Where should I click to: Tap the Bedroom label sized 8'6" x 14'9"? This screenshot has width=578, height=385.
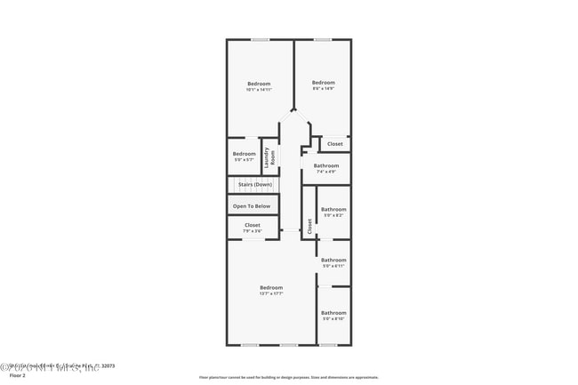323,83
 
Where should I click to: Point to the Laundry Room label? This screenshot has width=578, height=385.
269,156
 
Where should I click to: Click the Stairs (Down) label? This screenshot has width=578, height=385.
254,184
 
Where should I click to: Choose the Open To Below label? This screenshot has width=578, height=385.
252,206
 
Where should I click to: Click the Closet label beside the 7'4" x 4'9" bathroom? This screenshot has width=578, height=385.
334,144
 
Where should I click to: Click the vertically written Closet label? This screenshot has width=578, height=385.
309,226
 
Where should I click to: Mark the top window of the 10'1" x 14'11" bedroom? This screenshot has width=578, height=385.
260,39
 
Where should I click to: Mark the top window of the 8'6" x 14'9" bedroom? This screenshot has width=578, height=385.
322,39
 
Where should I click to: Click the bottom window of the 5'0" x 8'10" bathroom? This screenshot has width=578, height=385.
328,345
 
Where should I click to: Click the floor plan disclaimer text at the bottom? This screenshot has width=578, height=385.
288,377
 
